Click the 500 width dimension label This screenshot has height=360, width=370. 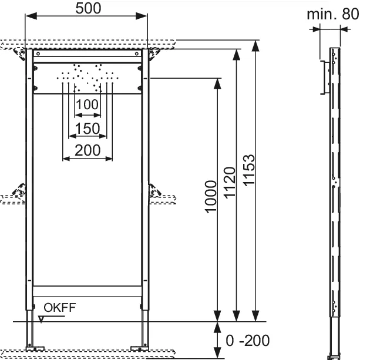pyautogui.click(x=88, y=8)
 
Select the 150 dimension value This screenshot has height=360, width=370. pyautogui.click(x=88, y=127)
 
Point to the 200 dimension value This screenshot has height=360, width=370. pyautogui.click(x=88, y=150)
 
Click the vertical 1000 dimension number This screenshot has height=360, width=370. pyautogui.click(x=211, y=201)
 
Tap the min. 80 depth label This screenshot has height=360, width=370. pyautogui.click(x=332, y=14)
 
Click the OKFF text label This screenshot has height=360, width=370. pyautogui.click(x=59, y=307)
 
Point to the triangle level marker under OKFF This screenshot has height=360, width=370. pyautogui.click(x=41, y=319)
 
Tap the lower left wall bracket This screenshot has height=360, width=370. pyautogui.click(x=19, y=191)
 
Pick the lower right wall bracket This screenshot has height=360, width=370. pyautogui.click(x=156, y=191)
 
